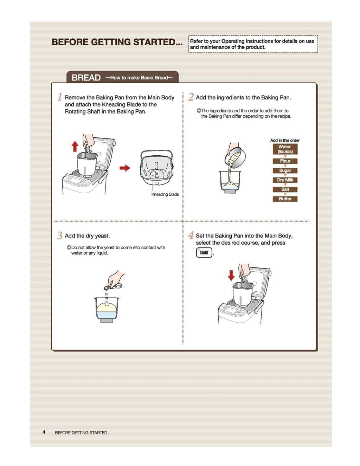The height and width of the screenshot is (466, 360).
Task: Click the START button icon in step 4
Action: click(204, 252)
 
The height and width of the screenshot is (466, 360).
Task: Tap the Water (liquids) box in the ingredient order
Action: click(285, 149)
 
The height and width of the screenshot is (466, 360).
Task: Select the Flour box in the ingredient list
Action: click(285, 161)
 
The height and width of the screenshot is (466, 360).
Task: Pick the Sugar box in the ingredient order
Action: click(285, 170)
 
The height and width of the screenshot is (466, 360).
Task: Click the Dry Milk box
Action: click(285, 180)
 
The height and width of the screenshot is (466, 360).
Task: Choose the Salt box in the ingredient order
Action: click(285, 189)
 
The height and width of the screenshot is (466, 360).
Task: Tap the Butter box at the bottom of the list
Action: click(285, 199)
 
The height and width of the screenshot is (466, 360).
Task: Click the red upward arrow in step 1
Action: click(75, 146)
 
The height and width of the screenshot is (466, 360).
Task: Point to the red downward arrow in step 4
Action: click(231, 275)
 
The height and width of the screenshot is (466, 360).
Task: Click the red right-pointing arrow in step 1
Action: click(125, 168)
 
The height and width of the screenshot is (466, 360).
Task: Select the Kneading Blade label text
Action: click(165, 194)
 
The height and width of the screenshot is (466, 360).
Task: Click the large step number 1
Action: click(60, 97)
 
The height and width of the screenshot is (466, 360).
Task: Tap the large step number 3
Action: click(60, 235)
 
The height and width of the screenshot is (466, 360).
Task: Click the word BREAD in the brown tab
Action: click(86, 78)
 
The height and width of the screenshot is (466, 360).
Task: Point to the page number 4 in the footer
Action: click(44, 432)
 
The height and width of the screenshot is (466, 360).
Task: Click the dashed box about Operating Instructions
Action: click(253, 44)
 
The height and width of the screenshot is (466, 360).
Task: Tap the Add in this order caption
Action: click(285, 140)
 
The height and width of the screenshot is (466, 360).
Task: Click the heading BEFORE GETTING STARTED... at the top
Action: click(117, 42)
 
